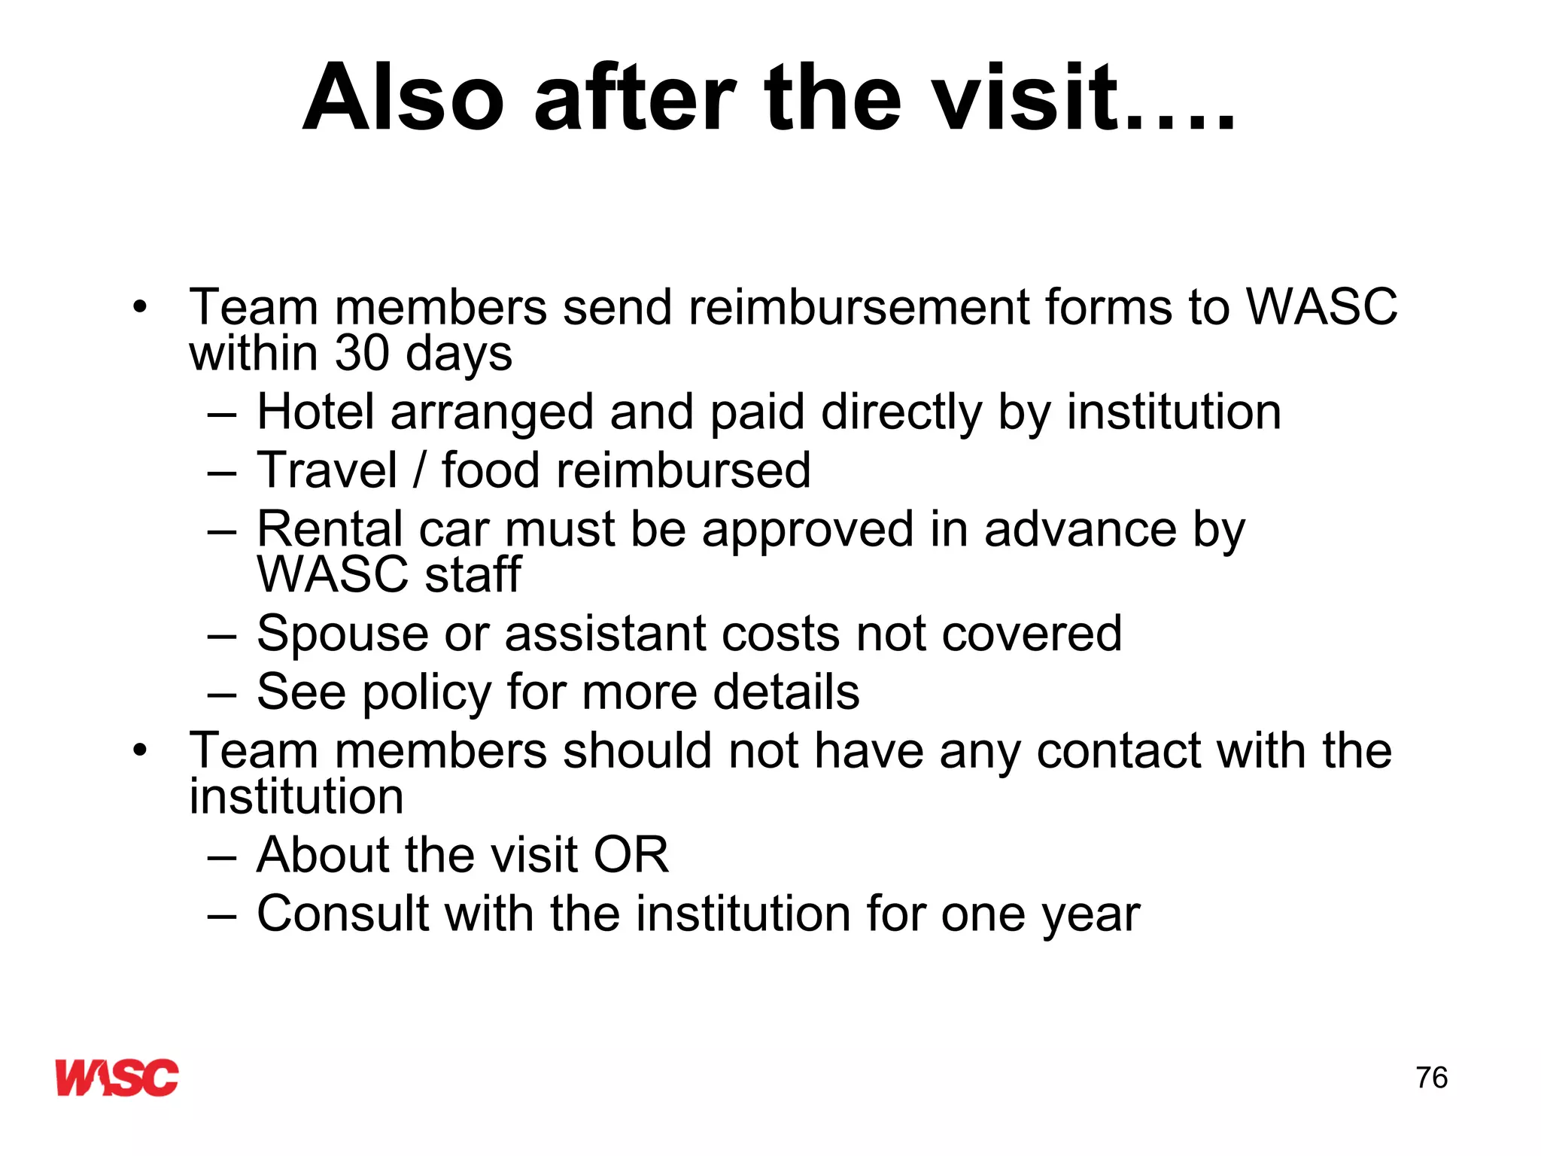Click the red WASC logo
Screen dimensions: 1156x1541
click(117, 1077)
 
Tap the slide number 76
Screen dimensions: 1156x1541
click(1431, 1078)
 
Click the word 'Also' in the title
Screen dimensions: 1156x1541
click(403, 98)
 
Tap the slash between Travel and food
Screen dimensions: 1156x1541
click(419, 470)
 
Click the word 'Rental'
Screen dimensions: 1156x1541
click(330, 528)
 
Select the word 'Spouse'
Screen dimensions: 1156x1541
click(342, 633)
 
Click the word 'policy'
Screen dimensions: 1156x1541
click(427, 692)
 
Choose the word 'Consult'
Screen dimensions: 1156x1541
click(342, 914)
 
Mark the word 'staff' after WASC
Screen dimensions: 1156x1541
click(473, 574)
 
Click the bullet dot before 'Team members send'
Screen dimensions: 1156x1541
click(140, 307)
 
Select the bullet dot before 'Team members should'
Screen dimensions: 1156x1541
click(140, 750)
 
